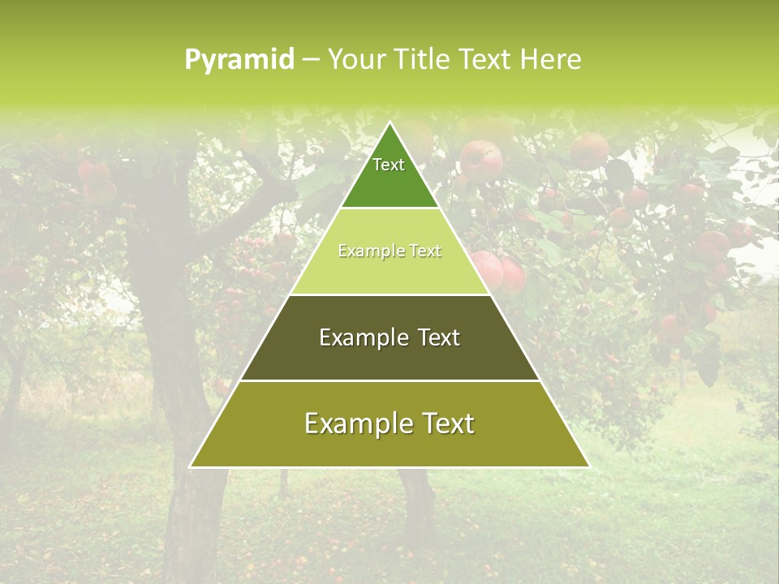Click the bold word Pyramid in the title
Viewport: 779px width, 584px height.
click(x=239, y=60)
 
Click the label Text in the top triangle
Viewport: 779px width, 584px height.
click(x=389, y=165)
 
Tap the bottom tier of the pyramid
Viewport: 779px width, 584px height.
click(x=389, y=446)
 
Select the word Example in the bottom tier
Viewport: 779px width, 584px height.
click(x=354, y=423)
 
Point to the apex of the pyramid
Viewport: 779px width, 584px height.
click(x=389, y=123)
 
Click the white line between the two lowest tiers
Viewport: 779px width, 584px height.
click(x=389, y=380)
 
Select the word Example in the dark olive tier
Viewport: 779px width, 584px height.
click(x=361, y=337)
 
